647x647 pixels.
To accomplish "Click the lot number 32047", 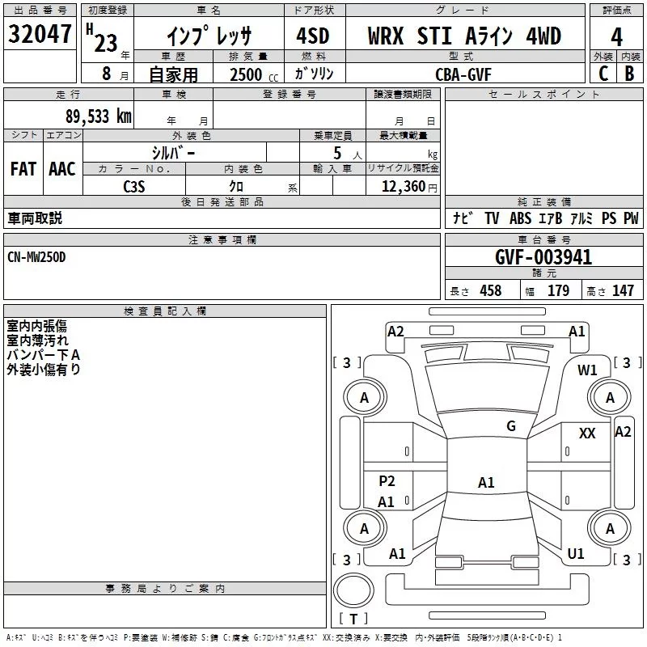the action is point(40,34).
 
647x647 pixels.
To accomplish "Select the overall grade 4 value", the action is point(616,37).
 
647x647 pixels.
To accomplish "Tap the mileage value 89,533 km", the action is point(99,116).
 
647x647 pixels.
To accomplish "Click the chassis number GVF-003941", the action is point(543,257).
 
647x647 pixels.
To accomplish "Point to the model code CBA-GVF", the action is point(463,74).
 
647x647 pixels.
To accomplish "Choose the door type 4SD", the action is point(313,36).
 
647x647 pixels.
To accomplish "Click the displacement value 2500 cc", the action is point(254,74).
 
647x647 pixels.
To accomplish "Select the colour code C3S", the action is point(134,187).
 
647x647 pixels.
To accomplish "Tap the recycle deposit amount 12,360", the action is point(404,187).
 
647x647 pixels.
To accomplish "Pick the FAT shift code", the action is point(23,169).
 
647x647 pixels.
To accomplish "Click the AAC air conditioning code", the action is point(62,169).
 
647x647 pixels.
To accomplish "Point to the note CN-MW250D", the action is point(36,257).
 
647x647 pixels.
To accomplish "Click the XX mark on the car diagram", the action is point(587,433).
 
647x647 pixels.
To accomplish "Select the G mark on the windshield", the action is point(511,426).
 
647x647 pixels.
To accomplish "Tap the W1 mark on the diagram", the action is point(587,370).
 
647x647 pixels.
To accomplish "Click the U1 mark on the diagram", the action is point(576,553).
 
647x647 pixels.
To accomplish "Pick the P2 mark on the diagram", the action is point(387,480).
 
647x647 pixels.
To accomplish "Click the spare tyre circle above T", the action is point(353,590).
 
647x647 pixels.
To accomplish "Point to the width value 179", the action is point(558,290).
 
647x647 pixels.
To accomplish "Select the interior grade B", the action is point(630,74).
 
